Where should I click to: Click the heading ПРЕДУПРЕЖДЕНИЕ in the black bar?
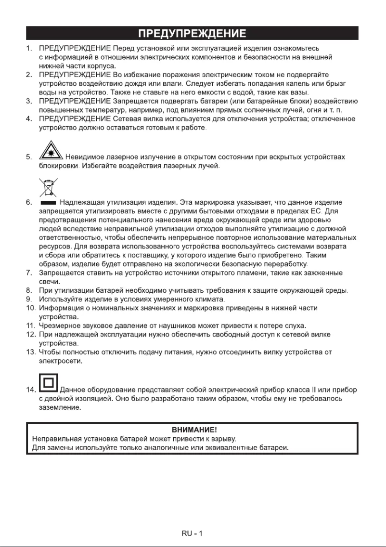193,34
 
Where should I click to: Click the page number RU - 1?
193,534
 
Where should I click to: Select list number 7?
29,273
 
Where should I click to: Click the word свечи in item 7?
49,282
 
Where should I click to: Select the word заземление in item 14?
60,407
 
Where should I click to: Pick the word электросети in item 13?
60,361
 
